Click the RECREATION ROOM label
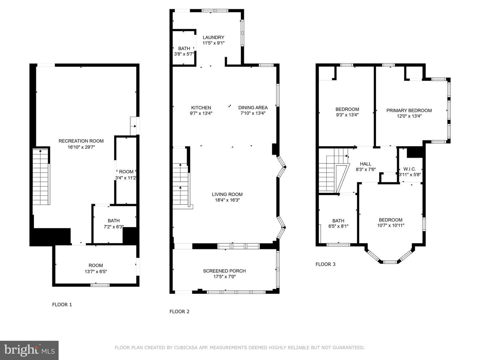81,141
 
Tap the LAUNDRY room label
213,37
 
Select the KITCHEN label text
201,108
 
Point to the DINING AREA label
253,108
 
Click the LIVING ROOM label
227,194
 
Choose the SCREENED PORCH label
224,271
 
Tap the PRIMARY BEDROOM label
409,110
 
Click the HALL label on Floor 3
365,164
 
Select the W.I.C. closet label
409,169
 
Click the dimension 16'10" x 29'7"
81,147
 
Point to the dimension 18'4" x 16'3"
227,200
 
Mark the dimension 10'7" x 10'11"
391,225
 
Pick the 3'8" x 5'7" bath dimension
184,54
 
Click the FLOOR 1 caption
62,304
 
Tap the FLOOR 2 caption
179,311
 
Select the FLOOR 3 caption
325,264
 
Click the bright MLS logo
29,350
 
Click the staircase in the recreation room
41,177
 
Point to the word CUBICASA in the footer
186,348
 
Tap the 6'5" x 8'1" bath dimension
338,226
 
